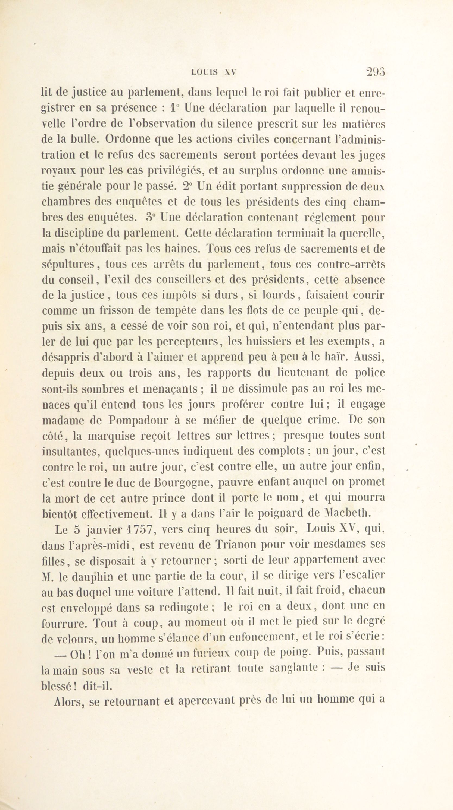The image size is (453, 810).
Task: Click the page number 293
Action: tap(376, 72)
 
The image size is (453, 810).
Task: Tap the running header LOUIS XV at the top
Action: tap(213, 73)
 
